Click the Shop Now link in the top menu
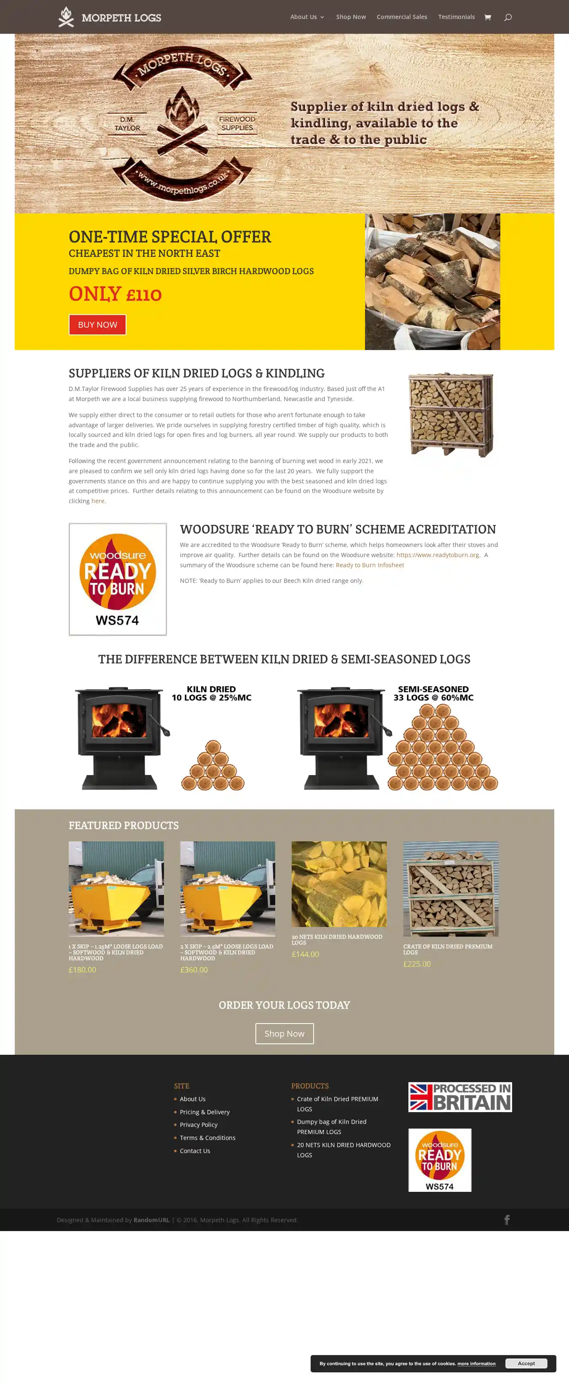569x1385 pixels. [x=351, y=17]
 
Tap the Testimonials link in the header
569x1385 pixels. [x=456, y=17]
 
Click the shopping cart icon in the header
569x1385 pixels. [x=487, y=17]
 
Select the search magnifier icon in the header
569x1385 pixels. [x=508, y=17]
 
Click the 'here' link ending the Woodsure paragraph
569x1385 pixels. [x=98, y=501]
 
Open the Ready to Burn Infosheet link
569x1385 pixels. [x=370, y=565]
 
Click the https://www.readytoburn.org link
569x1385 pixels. [x=437, y=555]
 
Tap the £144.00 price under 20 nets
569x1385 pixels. [x=305, y=954]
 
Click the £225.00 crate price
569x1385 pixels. [x=417, y=964]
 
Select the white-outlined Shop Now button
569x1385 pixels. [x=284, y=1033]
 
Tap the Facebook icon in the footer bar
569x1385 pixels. [x=507, y=1220]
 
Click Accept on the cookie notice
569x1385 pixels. [x=526, y=1363]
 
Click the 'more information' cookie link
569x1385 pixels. [x=476, y=1363]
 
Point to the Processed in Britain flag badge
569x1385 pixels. [x=460, y=1097]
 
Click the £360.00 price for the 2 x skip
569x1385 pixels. [x=194, y=970]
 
